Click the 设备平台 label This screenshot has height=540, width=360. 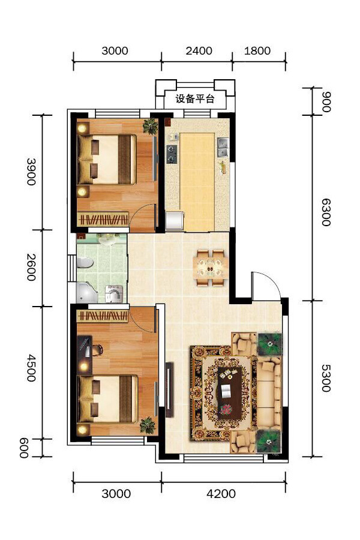coord(195,99)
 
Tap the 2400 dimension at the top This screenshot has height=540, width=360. coord(199,51)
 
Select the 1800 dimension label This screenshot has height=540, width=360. coord(257,51)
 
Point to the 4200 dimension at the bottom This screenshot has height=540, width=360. coord(221,494)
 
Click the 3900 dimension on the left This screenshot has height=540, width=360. coord(31,172)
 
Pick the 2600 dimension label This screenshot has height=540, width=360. coord(31,267)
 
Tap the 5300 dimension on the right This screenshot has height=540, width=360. coord(326,378)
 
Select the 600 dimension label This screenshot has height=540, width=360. coord(23,448)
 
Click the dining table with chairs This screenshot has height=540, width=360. coord(211,268)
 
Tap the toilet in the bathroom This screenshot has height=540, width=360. coord(85,263)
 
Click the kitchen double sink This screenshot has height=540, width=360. coord(223,147)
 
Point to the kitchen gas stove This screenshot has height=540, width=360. coord(172,154)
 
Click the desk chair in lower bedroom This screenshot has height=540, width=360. coord(97,350)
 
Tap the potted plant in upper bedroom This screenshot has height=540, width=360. coord(151,126)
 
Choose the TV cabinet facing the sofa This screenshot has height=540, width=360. coord(169,389)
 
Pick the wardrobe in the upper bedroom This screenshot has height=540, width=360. coord(103,220)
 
